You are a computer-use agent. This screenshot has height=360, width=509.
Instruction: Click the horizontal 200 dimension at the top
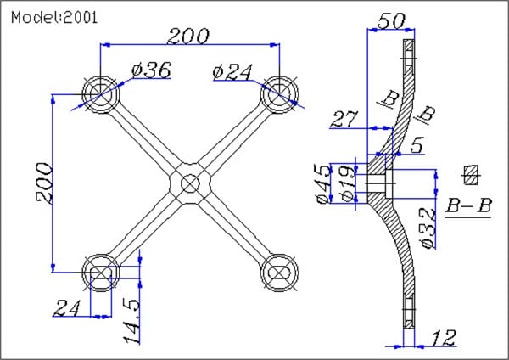click(188, 36)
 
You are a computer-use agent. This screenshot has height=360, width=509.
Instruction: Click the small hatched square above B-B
click(469, 176)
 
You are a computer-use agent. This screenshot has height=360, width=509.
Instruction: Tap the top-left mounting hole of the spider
click(101, 93)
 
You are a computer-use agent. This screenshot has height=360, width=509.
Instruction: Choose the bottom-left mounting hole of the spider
click(101, 272)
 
